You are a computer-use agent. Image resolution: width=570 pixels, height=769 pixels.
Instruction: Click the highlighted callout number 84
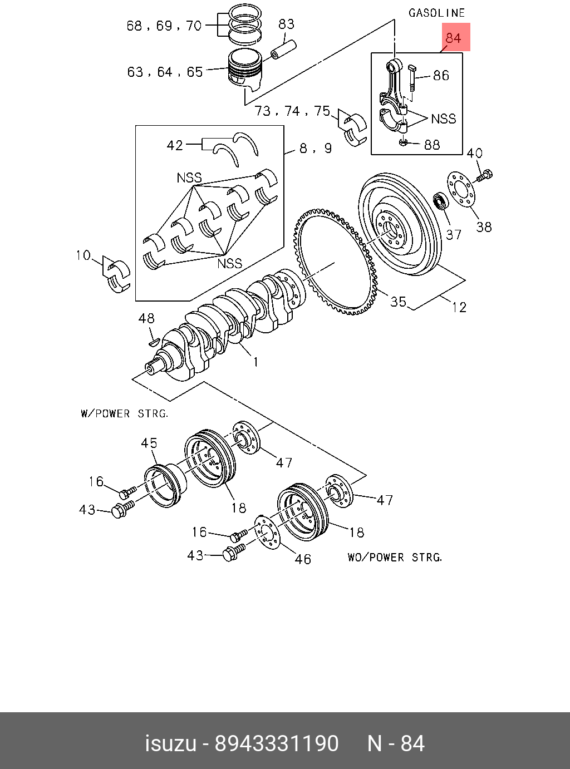coord(453,38)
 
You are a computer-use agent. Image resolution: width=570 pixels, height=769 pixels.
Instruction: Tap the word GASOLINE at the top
coord(436,13)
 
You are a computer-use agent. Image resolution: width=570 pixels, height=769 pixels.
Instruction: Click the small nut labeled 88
coord(403,142)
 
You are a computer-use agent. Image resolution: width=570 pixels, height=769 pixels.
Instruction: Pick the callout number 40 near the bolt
coord(474,153)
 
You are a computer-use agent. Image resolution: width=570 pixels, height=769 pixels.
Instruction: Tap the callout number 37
coord(454,235)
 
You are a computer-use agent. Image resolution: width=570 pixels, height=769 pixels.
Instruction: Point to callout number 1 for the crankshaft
coord(255,362)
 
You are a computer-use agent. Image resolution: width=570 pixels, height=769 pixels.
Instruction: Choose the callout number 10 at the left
coord(83,255)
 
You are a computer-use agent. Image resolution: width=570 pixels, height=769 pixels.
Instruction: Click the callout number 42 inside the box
coord(175,145)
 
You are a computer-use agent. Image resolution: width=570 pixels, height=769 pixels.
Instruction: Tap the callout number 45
coord(149,443)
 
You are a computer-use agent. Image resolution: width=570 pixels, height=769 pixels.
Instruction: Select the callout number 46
coord(303,559)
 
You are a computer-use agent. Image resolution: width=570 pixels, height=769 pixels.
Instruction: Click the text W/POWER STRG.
coord(125,413)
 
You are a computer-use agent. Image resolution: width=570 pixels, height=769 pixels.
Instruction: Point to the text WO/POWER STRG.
coord(395,558)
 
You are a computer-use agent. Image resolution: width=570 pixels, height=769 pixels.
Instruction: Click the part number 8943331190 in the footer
coord(277,743)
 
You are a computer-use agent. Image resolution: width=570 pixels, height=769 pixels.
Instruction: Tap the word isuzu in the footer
coord(170,743)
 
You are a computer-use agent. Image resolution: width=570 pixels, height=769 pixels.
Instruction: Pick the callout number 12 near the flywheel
coord(459,307)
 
